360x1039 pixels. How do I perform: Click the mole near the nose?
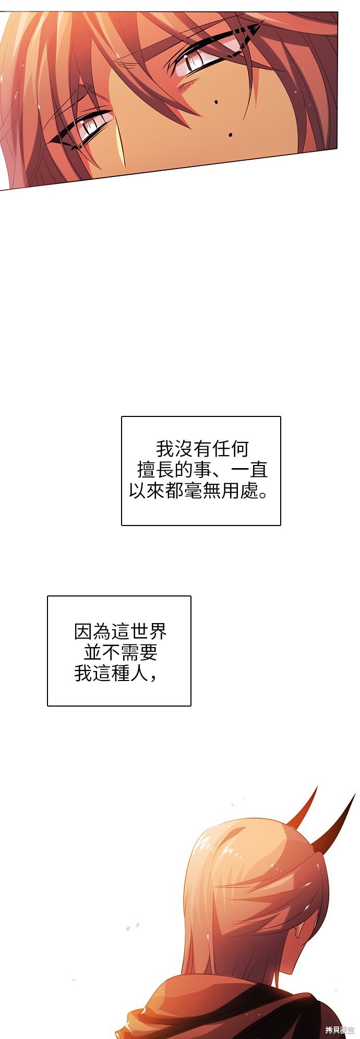pyautogui.click(x=216, y=102)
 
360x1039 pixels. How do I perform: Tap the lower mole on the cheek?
pyautogui.click(x=231, y=135)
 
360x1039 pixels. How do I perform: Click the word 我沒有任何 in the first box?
pyautogui.click(x=202, y=449)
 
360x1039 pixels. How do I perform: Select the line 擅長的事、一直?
pyautogui.click(x=202, y=470)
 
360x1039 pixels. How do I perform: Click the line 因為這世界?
pyautogui.click(x=121, y=631)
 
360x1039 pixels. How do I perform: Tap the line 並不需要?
pyautogui.click(x=121, y=652)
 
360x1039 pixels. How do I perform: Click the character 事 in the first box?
pyautogui.click(x=202, y=470)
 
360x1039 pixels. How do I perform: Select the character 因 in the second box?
pyautogui.click(x=83, y=631)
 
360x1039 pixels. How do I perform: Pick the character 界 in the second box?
pyautogui.click(x=158, y=631)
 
